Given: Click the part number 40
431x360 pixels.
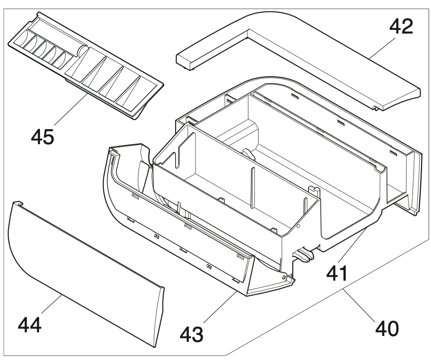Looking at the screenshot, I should (x=387, y=327).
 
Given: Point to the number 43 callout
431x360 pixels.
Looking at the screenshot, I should (x=191, y=334).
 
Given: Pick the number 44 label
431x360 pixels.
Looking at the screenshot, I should (x=30, y=325).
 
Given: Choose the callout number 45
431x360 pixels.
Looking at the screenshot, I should (x=42, y=136).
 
